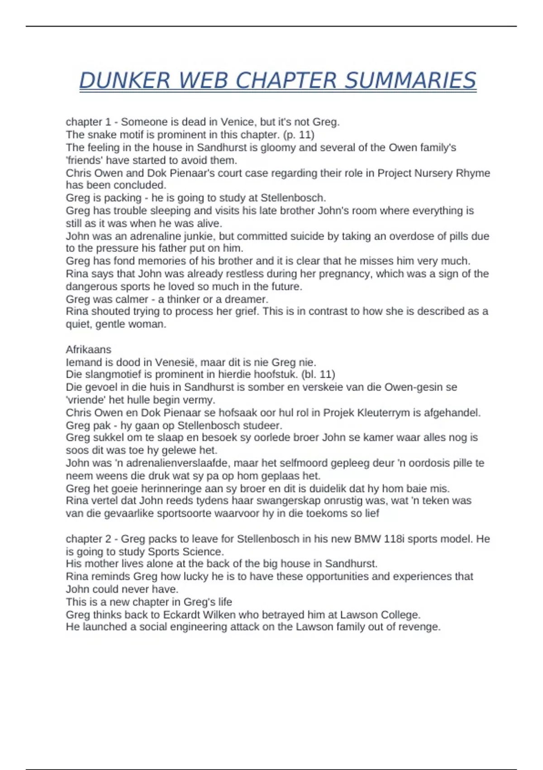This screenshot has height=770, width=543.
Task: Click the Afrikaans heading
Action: pyautogui.click(x=88, y=349)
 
